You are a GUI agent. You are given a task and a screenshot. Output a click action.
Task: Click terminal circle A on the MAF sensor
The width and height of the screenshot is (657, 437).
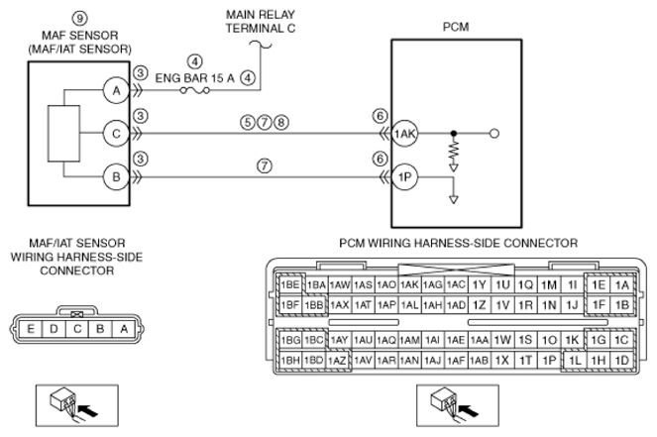[x=116, y=90]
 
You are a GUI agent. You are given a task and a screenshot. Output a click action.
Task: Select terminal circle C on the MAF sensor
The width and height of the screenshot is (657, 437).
[x=116, y=134]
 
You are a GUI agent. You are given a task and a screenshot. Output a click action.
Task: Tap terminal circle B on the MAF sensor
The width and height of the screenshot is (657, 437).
[x=116, y=176]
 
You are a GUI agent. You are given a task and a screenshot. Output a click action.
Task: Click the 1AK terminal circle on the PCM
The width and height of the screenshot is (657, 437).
[x=404, y=134]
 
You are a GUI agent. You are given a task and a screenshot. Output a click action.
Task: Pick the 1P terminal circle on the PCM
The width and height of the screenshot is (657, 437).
[x=404, y=176]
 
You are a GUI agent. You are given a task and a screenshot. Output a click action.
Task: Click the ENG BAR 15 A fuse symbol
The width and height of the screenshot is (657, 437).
[x=195, y=90]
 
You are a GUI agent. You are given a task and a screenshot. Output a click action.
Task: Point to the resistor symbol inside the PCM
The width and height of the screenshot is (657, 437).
[x=454, y=152]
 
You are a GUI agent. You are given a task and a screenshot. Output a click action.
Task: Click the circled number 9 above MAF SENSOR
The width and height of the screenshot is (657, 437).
[x=79, y=18]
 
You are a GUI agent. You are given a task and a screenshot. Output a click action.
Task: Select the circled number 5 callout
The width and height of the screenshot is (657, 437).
[x=248, y=122]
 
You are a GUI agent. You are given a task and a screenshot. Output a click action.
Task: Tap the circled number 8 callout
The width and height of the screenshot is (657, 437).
[x=281, y=122]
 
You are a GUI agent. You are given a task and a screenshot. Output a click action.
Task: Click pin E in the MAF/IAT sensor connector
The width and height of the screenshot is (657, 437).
[x=31, y=329]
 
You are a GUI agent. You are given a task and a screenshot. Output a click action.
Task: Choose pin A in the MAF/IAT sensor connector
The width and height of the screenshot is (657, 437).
[x=124, y=329]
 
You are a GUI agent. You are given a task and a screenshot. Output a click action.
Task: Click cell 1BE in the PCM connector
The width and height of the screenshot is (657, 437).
[x=290, y=285]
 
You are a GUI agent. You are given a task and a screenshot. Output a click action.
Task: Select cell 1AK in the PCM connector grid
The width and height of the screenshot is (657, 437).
[x=409, y=285]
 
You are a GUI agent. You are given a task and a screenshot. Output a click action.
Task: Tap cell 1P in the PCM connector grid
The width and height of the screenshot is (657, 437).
[x=549, y=361]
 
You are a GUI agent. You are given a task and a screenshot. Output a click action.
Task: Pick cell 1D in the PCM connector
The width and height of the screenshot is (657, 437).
[x=621, y=361]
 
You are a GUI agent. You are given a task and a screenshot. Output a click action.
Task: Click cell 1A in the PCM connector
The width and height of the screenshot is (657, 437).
[x=621, y=285]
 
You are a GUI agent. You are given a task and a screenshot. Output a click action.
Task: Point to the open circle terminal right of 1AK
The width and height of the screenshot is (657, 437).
[x=494, y=134]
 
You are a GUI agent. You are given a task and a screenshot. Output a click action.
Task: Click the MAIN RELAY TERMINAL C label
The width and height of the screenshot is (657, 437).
[x=261, y=22]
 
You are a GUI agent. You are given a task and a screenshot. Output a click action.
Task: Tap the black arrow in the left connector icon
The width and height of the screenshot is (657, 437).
[x=88, y=410]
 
